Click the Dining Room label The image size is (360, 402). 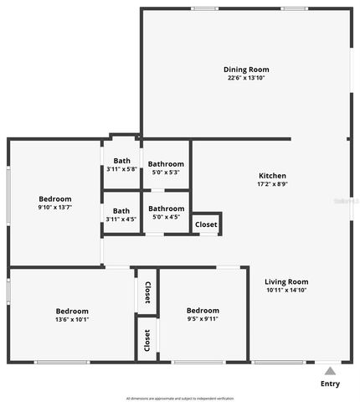[x=246, y=70]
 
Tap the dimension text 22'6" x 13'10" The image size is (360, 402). [x=246, y=78]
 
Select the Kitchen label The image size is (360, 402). [x=272, y=176]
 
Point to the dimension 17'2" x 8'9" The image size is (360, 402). [x=272, y=184]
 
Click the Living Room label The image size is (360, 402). [x=286, y=281]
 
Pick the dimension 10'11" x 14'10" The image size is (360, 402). [x=286, y=290]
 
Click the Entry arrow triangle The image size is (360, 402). [x=331, y=371]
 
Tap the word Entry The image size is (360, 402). [x=331, y=384]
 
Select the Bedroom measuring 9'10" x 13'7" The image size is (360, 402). [x=55, y=198]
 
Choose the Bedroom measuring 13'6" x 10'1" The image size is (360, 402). [x=72, y=310]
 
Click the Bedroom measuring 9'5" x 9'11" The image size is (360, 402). [x=203, y=310]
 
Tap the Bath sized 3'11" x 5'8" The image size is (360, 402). [x=122, y=161]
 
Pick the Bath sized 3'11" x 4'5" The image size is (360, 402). [x=122, y=211]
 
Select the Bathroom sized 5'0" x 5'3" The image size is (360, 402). [x=166, y=164]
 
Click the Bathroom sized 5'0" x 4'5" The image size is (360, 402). [x=166, y=209]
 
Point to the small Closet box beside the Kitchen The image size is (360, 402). [x=206, y=224]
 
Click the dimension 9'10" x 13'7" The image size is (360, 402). [x=55, y=207]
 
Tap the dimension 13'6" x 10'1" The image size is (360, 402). [x=72, y=319]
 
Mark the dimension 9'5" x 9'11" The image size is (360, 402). [x=203, y=319]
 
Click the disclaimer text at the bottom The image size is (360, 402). [x=180, y=398]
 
